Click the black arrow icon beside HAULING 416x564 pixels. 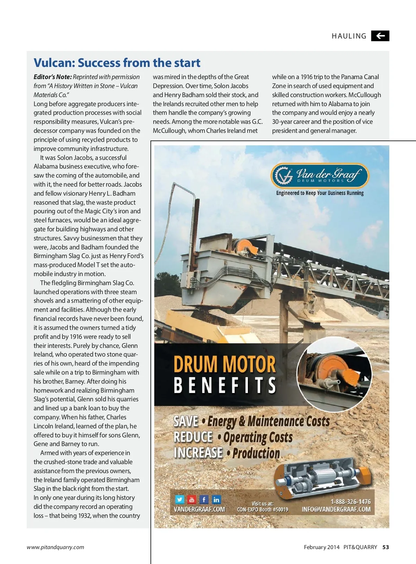click(x=380, y=36)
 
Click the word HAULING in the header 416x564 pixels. click(x=349, y=36)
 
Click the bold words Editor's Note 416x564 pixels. click(x=53, y=77)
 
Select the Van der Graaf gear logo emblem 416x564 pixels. click(x=283, y=176)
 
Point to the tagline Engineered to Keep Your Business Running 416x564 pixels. click(x=320, y=193)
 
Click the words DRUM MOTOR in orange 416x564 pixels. click(x=225, y=364)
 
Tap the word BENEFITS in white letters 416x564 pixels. click(x=225, y=385)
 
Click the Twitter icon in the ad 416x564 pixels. click(x=180, y=499)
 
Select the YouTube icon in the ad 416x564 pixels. click(x=192, y=499)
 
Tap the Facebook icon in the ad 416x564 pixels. click(x=204, y=499)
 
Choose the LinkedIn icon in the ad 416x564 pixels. click(x=216, y=499)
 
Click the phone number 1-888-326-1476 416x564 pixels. click(x=350, y=502)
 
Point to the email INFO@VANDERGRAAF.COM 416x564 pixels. click(x=336, y=510)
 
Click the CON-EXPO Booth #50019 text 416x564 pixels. click(x=262, y=510)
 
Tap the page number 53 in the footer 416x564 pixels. click(x=385, y=547)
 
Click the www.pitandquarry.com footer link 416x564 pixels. click(x=55, y=547)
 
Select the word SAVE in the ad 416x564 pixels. click(x=186, y=421)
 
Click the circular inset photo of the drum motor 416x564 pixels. click(x=334, y=375)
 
